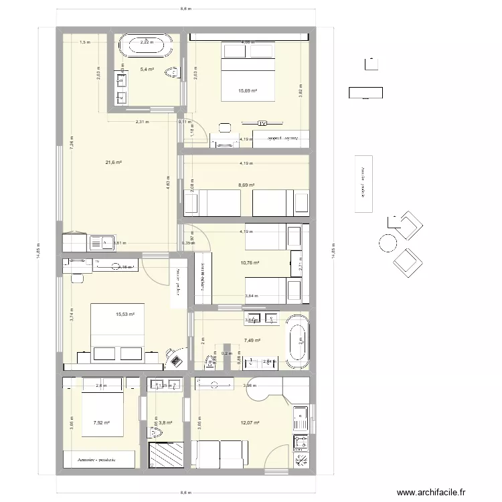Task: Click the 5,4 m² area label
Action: click(x=147, y=69)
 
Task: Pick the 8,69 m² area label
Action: click(x=248, y=185)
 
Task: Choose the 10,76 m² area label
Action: click(x=249, y=263)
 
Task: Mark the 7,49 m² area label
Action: click(x=252, y=340)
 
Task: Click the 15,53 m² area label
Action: click(x=124, y=314)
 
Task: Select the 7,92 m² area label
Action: click(x=102, y=422)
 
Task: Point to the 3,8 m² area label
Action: click(x=165, y=422)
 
